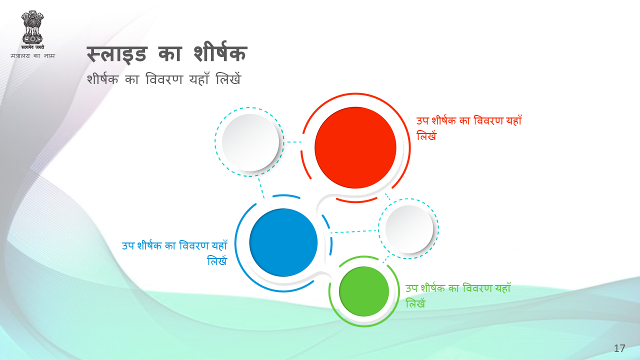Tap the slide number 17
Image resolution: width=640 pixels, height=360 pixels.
tap(619, 348)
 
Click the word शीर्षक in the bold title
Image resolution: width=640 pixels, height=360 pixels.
tap(220, 53)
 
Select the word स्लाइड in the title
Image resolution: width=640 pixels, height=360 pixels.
tap(117, 54)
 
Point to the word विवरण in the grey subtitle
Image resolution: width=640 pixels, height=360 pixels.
tap(164, 79)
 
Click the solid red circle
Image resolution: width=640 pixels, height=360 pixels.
tap(355, 147)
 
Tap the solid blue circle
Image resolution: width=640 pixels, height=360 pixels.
tap(283, 242)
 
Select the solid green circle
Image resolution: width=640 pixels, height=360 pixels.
tap(364, 291)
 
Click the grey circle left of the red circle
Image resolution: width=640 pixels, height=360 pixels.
tap(250, 142)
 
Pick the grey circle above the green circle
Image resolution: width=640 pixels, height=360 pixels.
tap(409, 229)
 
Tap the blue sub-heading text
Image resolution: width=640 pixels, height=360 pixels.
tap(174, 253)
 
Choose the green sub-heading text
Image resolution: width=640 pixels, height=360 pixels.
tap(458, 295)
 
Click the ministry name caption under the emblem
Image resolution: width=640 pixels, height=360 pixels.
tap(32, 55)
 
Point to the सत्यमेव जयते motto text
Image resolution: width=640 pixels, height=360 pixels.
tap(32, 47)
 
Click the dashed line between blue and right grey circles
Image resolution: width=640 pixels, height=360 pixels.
tap(354, 231)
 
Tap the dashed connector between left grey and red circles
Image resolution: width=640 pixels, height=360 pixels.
tap(294, 141)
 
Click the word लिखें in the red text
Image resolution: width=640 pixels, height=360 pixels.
tap(426, 135)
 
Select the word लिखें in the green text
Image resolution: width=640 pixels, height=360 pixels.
tap(415, 303)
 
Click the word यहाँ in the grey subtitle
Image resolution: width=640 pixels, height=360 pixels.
tap(199, 78)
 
